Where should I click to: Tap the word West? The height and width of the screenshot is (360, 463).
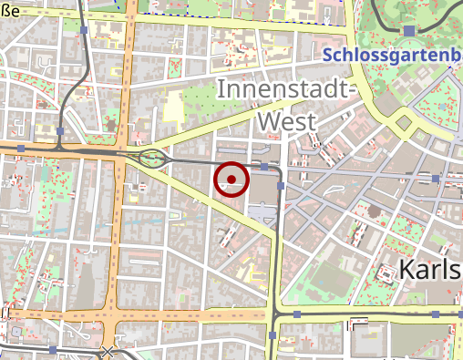(286, 121)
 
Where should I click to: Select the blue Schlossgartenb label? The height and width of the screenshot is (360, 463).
(393, 56)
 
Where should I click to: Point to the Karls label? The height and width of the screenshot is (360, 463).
(431, 271)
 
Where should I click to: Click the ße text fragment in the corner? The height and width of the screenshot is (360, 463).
(10, 10)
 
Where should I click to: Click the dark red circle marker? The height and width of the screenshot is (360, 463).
(231, 179)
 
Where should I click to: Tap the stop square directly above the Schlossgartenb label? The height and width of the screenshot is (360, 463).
(409, 31)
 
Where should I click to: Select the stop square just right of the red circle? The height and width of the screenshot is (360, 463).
(264, 168)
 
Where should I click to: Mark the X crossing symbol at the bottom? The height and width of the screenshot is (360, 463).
(108, 351)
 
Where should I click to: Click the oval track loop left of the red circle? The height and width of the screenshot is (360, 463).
(153, 159)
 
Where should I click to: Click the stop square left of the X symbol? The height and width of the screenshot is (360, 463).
(53, 349)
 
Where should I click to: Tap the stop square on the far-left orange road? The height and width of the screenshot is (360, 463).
(20, 147)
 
